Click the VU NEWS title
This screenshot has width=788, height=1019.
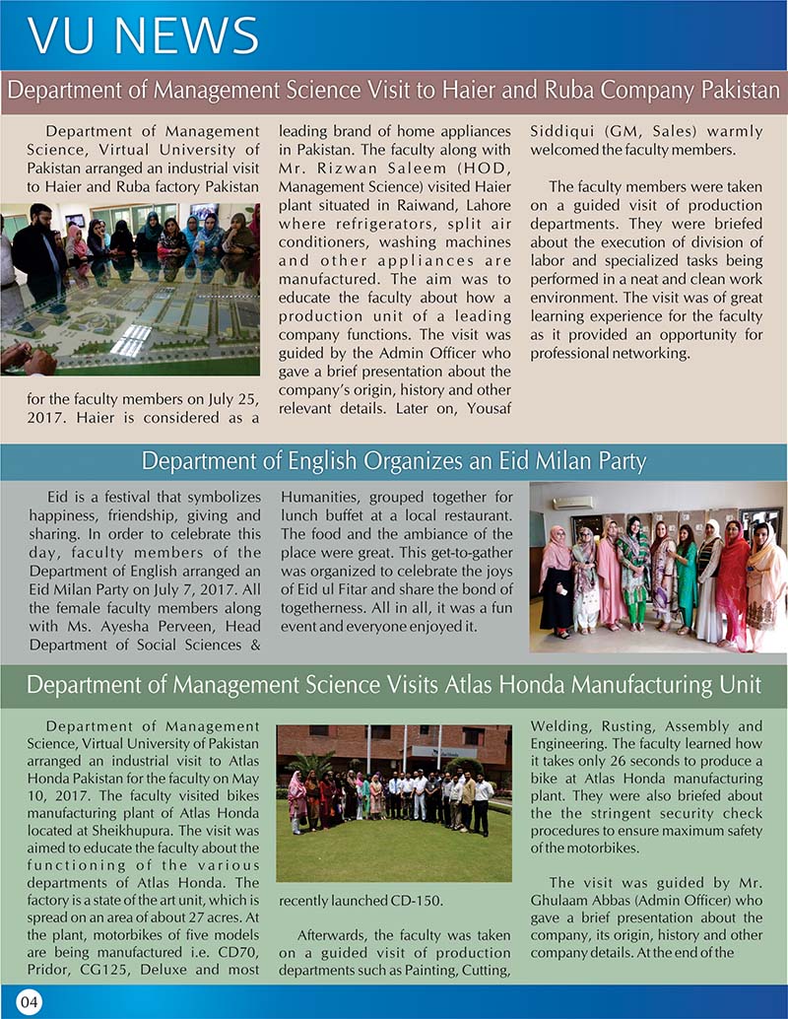[x=144, y=35]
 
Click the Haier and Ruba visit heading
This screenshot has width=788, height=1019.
[x=394, y=93]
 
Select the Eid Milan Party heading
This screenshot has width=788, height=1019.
[x=394, y=461]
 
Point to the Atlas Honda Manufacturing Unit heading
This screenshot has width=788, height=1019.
[x=394, y=685]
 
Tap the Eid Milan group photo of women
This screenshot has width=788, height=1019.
[x=657, y=567]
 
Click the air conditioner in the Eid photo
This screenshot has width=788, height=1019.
[x=572, y=502]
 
